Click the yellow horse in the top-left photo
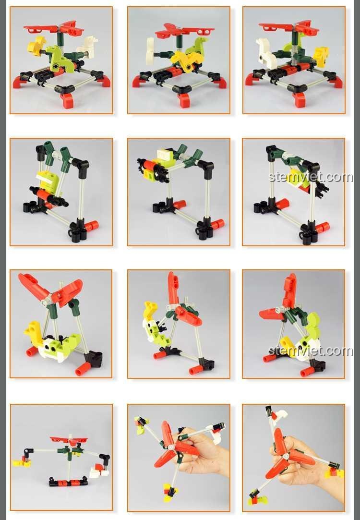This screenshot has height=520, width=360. (36, 45)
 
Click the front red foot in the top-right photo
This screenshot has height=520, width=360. (299, 99)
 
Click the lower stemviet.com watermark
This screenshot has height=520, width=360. (310, 351)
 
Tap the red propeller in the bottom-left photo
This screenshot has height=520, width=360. (69, 440)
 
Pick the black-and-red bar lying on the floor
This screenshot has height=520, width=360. (68, 482)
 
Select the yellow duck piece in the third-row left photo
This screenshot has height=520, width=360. (34, 332)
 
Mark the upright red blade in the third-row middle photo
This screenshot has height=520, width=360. (173, 288)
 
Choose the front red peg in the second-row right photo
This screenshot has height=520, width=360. (322, 228)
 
